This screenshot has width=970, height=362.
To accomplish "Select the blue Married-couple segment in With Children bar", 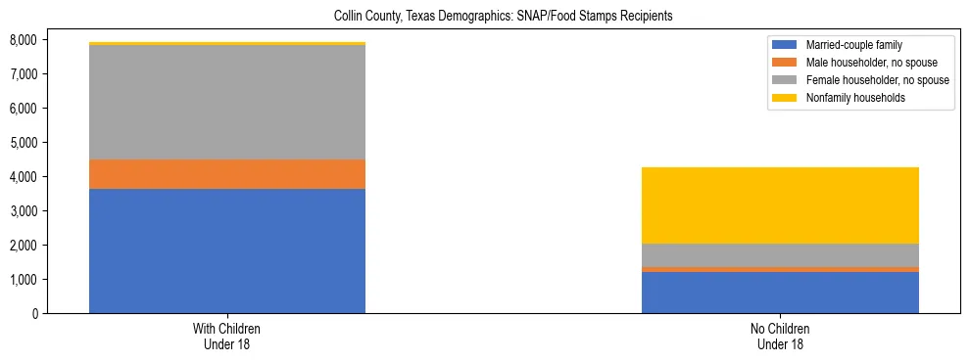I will (227, 250).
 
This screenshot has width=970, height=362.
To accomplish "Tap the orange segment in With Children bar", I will (227, 174).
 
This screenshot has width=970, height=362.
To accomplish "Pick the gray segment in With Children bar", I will (227, 103).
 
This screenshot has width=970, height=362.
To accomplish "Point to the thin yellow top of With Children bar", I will (227, 44).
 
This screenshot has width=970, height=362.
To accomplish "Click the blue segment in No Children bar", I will (780, 292).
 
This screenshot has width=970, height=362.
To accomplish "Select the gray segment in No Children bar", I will (780, 254).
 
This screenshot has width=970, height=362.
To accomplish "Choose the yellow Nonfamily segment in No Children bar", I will (780, 205).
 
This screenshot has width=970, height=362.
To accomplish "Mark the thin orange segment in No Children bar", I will (780, 269).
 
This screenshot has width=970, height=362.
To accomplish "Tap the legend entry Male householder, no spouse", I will (862, 63).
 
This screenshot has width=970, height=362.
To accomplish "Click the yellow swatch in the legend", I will (785, 98).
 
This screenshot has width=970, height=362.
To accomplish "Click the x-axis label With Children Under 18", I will (227, 337).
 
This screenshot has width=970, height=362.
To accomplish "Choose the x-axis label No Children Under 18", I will (780, 337).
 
